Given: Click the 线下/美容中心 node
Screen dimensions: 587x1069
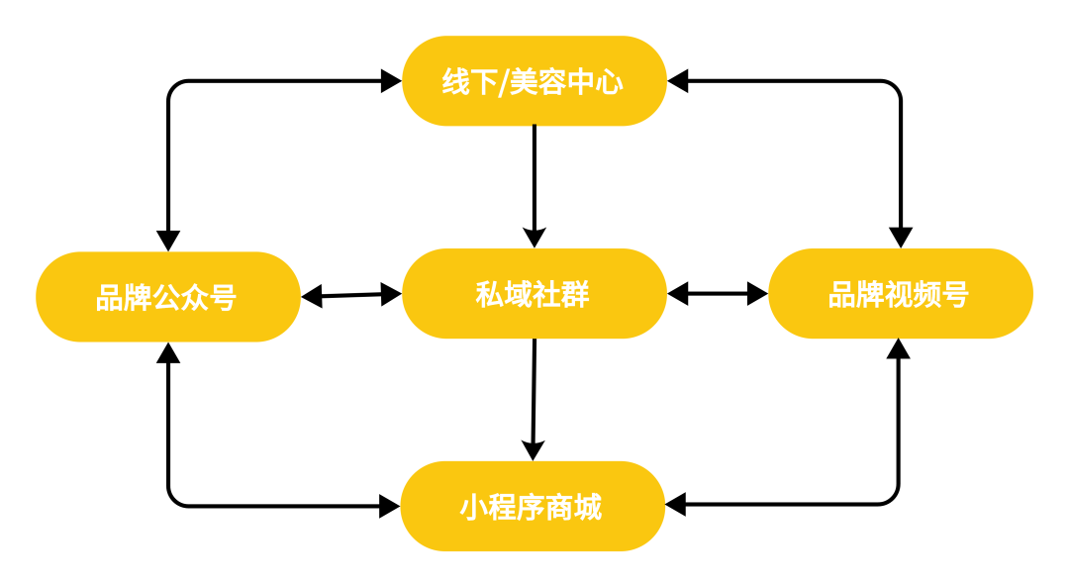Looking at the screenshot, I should point(534,81).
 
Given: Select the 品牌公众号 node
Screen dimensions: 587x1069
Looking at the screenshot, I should point(167,296).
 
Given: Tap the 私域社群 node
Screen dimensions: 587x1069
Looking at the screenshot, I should point(534,294).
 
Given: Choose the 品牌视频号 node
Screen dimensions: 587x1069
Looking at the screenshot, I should point(900,294).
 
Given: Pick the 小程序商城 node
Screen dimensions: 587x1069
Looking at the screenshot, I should point(533,507).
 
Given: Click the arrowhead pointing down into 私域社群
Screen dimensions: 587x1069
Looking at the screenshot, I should point(534,238).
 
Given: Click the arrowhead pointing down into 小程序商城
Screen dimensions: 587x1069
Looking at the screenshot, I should point(533,450).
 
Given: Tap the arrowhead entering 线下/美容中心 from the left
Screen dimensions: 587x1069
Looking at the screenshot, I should point(391,81).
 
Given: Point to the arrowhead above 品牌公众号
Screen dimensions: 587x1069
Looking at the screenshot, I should point(168,241).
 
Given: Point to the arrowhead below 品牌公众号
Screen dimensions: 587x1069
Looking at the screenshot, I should point(168,352).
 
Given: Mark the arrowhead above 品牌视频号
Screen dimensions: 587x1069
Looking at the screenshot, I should point(900,238).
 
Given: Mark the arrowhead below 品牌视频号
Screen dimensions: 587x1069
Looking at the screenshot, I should point(899,349).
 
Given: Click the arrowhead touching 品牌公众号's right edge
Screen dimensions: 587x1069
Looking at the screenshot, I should point(312,296).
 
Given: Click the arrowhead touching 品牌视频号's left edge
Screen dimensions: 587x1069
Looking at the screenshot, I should point(757,294).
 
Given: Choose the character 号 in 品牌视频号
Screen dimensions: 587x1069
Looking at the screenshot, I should point(954,295).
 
